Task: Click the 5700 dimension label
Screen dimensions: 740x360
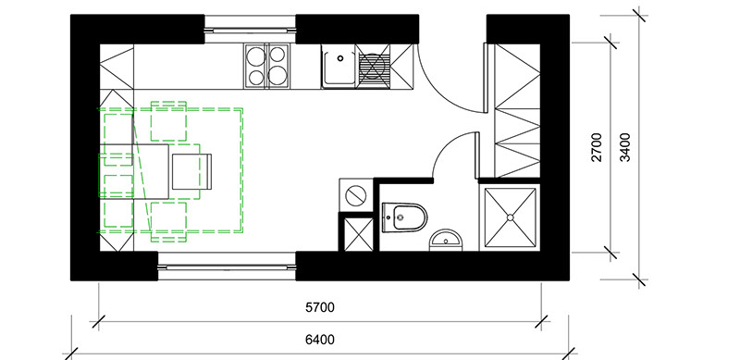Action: (319, 307)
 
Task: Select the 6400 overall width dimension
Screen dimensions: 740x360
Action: (319, 340)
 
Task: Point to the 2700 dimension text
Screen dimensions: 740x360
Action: (597, 147)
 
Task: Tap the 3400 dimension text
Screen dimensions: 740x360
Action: (625, 147)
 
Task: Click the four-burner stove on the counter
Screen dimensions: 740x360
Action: (266, 66)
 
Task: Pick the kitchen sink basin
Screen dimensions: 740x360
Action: (339, 66)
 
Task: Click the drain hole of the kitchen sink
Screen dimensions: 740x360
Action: (339, 58)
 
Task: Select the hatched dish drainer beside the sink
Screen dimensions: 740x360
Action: (374, 66)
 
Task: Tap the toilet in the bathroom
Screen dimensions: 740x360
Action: (404, 217)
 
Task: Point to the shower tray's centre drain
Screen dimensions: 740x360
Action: (511, 217)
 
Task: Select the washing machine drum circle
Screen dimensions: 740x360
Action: (356, 195)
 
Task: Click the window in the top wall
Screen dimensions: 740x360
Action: (250, 30)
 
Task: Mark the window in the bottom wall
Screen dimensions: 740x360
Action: (227, 266)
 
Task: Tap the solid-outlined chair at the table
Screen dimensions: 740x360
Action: (191, 171)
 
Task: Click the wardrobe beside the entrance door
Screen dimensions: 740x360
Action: (517, 110)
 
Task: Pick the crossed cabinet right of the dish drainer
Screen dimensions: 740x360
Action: (402, 66)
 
